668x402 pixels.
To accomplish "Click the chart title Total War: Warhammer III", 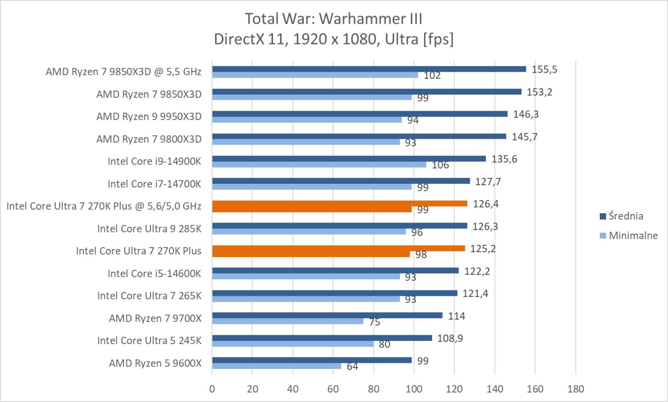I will tap(334, 19).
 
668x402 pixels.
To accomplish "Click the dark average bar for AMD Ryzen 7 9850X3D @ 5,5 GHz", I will tap(369, 69).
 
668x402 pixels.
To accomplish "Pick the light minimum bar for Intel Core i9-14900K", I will tap(319, 165).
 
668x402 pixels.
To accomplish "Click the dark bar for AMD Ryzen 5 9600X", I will tap(312, 360).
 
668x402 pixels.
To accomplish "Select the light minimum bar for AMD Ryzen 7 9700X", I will tap(287, 321).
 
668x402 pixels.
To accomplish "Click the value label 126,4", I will tap(486, 204).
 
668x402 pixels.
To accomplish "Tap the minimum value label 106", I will tap(440, 165).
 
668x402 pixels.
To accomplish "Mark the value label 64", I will tap(352, 367).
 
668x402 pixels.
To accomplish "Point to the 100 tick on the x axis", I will tap(414, 389).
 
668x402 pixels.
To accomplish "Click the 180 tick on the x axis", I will tap(575, 389).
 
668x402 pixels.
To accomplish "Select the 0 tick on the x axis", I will tap(212, 389).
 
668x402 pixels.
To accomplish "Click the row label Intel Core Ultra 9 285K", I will tap(149, 229).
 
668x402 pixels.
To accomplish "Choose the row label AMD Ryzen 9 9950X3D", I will tap(149, 117).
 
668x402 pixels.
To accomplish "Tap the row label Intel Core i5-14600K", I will tap(154, 274).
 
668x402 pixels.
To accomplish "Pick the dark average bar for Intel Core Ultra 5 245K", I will tap(322, 338).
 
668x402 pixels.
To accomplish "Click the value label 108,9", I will tap(450, 338).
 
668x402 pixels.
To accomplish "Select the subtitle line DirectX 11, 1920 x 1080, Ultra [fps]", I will tap(334, 39).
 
